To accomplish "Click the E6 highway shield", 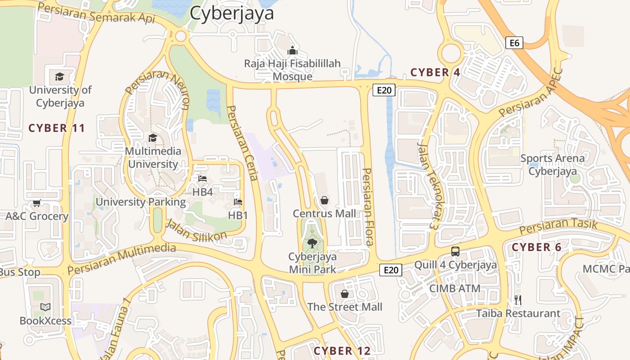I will pos(514,43).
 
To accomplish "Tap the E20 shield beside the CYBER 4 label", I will pos(384,90).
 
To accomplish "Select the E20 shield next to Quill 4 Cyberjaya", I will pos(391,270).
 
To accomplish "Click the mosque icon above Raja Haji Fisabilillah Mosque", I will pos(292,50).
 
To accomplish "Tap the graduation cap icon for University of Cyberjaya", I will pos(60,76).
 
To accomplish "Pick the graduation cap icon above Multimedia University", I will pos(153,138).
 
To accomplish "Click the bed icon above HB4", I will pos(202,179).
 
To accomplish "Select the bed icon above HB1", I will pos(238,202).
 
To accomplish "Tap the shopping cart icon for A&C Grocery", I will pos(37,203).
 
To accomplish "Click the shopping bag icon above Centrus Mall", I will pos(324,200).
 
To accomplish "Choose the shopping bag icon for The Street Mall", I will pos(345,294).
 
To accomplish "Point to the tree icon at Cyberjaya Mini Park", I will pos(312,243).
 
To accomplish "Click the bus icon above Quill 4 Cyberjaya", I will pos(455,252).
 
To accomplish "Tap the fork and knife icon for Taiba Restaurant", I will pos(518,300).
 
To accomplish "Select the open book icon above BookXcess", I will pos(45,307).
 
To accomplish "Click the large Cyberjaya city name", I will pos(232,13).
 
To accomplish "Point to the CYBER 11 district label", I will pos(57,128).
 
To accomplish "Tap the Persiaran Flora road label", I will pos(369,207).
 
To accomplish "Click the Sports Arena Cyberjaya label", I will pos(552,165).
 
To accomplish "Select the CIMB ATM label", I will pos(454,288).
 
